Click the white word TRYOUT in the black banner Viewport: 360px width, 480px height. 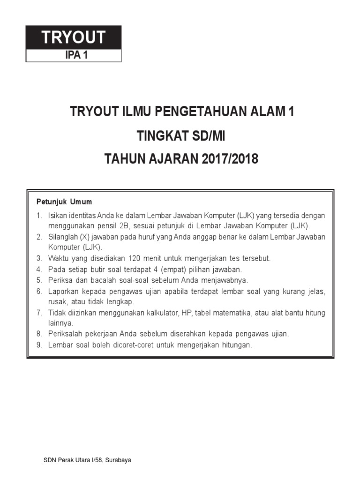[x=74, y=37]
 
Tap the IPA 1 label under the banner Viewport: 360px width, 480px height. [x=74, y=55]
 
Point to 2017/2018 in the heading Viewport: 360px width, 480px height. [x=230, y=159]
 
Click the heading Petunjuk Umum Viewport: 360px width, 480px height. [x=64, y=202]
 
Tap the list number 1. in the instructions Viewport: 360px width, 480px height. [x=39, y=216]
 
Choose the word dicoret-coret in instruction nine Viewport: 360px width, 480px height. [x=135, y=345]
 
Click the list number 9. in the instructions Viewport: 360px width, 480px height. [x=39, y=345]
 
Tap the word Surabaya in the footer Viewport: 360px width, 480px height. [x=119, y=460]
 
